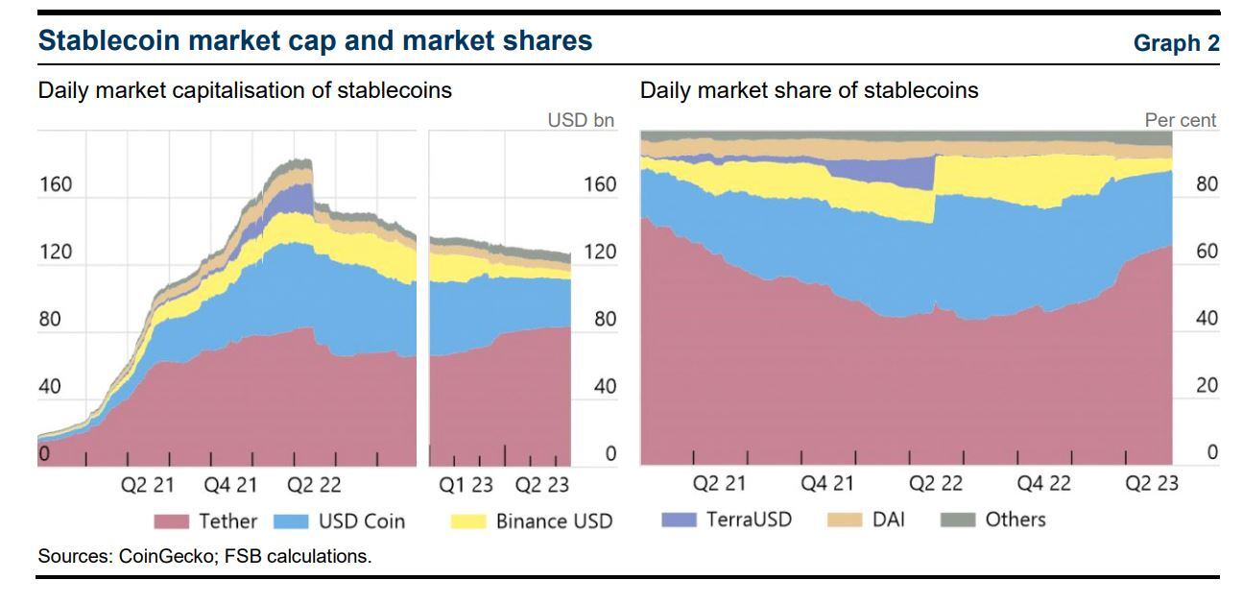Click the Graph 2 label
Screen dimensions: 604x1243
click(1176, 43)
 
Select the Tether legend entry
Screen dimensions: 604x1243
click(205, 521)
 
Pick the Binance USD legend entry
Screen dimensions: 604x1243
click(531, 521)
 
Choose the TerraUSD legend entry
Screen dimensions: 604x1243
click(727, 519)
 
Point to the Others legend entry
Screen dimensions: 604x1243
click(994, 519)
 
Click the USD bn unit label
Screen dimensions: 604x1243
click(580, 121)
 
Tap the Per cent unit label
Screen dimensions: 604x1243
click(1180, 121)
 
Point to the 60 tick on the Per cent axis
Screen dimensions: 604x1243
click(1206, 252)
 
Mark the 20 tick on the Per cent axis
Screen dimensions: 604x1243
click(1206, 386)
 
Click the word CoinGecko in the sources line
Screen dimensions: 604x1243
click(167, 556)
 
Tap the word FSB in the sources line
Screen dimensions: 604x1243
click(242, 556)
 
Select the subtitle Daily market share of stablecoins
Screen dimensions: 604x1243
click(809, 91)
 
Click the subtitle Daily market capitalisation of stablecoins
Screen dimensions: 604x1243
click(245, 91)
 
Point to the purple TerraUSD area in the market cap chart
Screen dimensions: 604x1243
click(299, 199)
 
